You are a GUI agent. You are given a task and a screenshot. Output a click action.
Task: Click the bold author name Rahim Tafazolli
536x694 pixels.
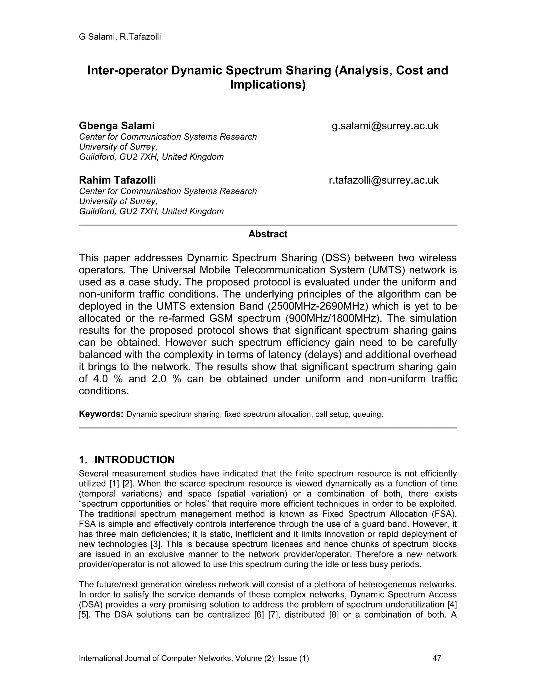click(117, 180)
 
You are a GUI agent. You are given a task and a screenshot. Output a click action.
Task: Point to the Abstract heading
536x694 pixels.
click(268, 234)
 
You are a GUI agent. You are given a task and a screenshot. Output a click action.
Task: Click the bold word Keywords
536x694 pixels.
click(101, 414)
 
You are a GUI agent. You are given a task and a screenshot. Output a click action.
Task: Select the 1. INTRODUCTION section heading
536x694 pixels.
click(127, 460)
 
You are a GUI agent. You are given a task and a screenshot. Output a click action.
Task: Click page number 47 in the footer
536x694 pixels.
click(437, 658)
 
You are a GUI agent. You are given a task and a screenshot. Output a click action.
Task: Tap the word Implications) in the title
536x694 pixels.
click(268, 85)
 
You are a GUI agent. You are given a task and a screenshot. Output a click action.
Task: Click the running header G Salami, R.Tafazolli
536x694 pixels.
click(120, 37)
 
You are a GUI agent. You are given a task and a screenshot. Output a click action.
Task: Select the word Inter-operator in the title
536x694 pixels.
click(128, 70)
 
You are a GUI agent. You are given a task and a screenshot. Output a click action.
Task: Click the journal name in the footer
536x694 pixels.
click(194, 658)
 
